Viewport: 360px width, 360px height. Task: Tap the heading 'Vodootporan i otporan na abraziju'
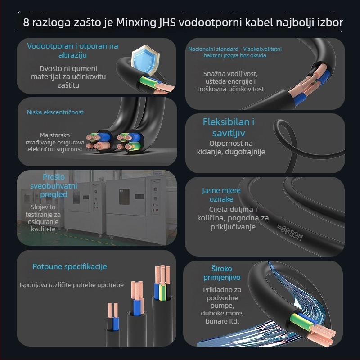pyautogui.click(x=72, y=50)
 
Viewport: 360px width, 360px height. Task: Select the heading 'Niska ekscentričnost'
pyautogui.click(x=55, y=112)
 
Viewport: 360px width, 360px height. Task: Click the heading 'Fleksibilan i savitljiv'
pyautogui.click(x=229, y=127)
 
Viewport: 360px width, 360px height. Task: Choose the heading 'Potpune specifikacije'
pyautogui.click(x=70, y=266)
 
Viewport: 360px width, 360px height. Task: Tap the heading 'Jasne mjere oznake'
pyautogui.click(x=221, y=194)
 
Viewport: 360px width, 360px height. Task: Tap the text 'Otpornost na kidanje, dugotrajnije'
pyautogui.click(x=237, y=148)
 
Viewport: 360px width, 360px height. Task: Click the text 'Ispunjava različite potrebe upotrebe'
pyautogui.click(x=72, y=285)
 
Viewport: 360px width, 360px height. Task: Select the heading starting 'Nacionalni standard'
pyautogui.click(x=235, y=52)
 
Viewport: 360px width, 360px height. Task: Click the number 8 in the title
pyautogui.click(x=27, y=22)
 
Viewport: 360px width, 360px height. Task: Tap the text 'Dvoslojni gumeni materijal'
pyautogui.click(x=68, y=77)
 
